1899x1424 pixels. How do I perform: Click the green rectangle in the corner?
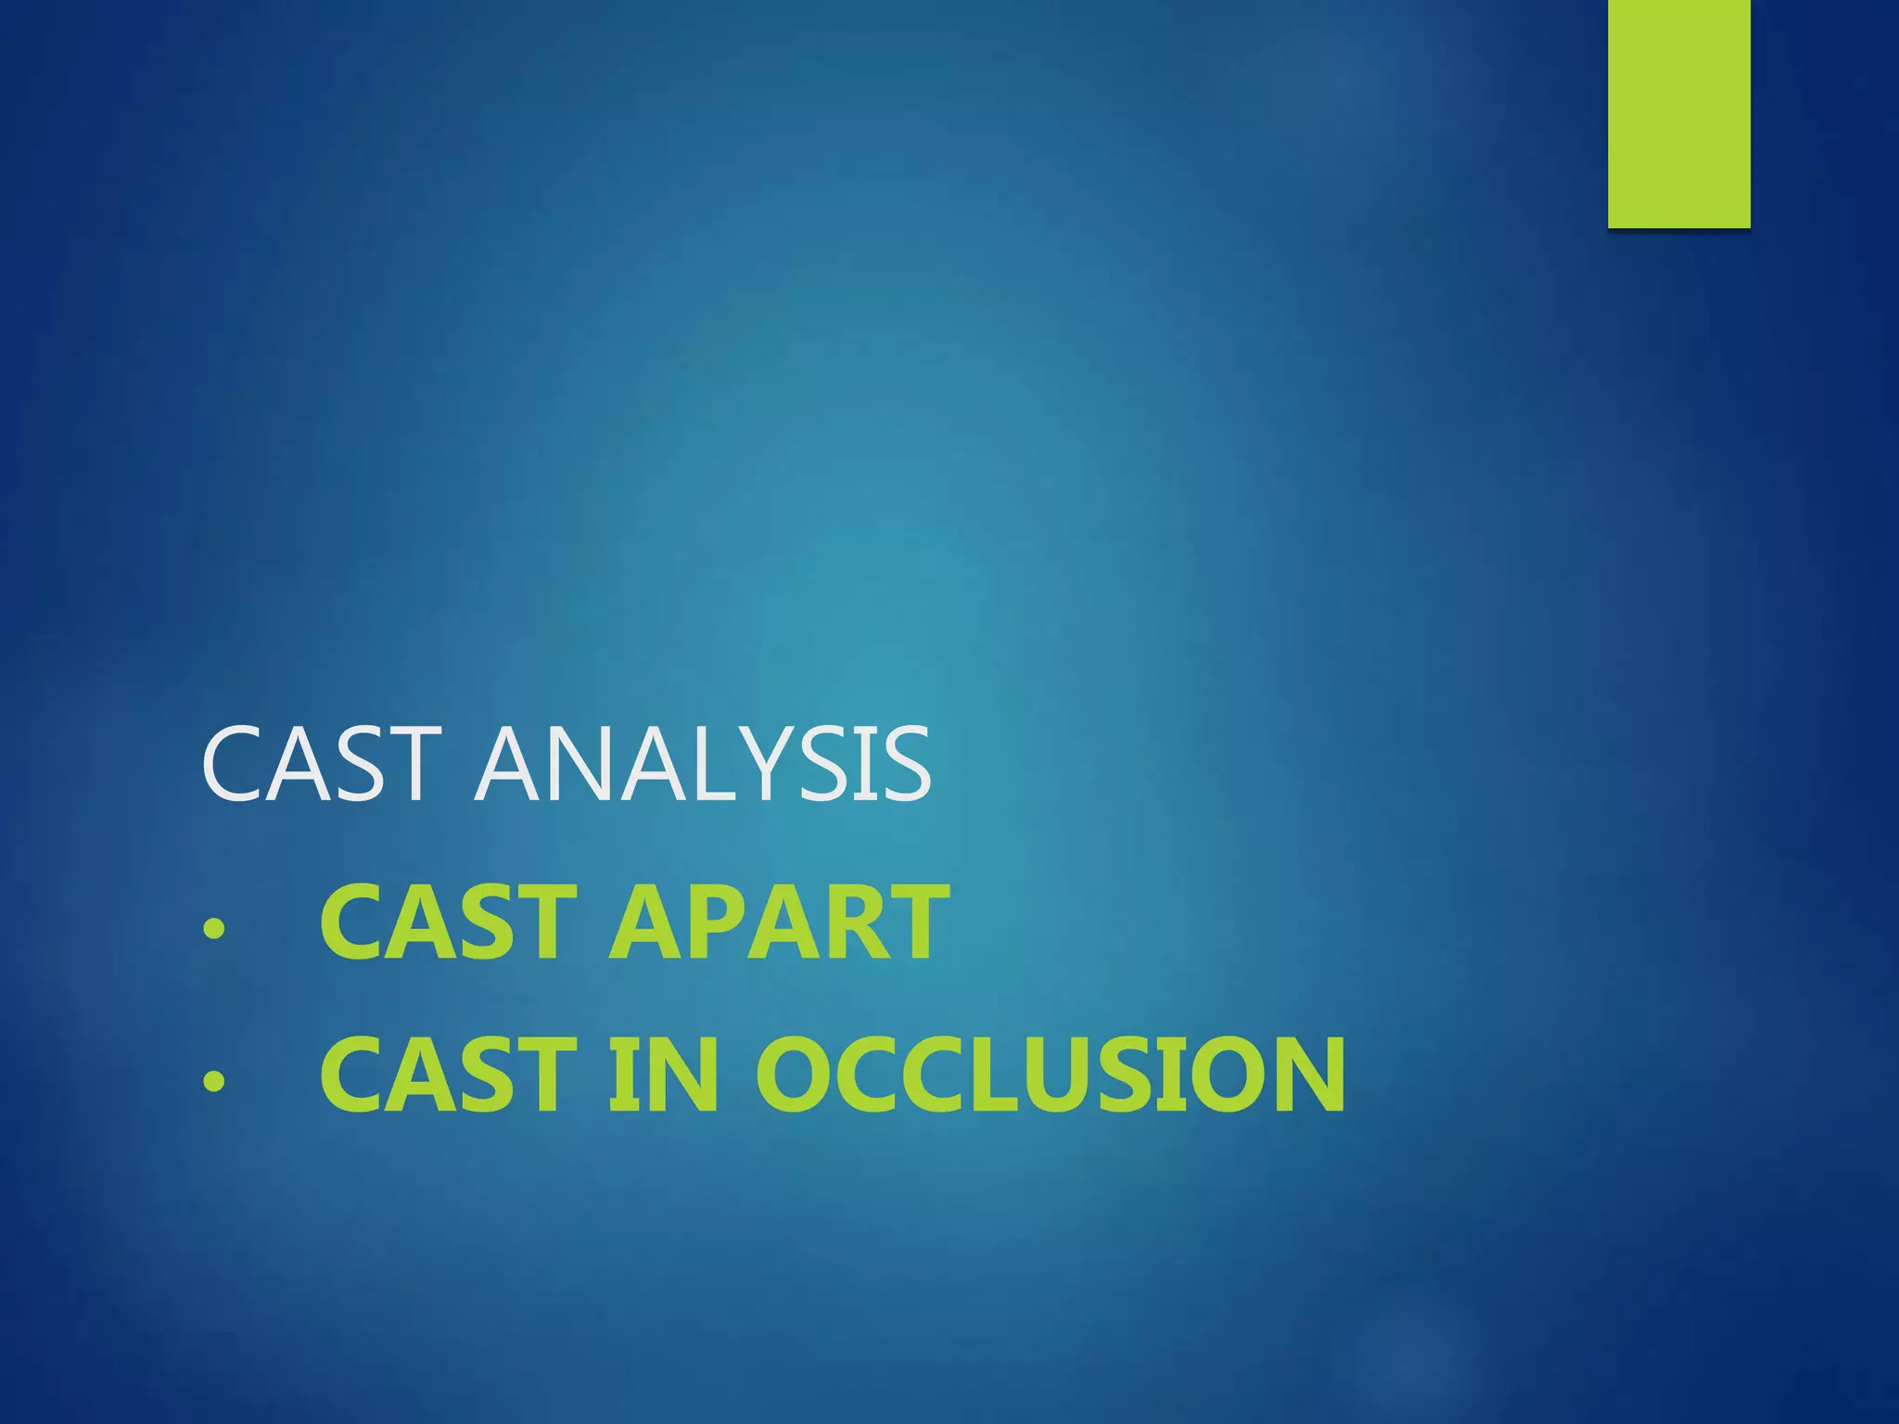(x=1678, y=113)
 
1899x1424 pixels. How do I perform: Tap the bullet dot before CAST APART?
(x=214, y=927)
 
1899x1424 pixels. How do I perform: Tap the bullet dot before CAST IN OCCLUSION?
(x=214, y=1081)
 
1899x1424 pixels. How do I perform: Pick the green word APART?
(x=779, y=922)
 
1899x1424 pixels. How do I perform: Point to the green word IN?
(x=664, y=1075)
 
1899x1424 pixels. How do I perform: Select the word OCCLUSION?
(x=1051, y=1075)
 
